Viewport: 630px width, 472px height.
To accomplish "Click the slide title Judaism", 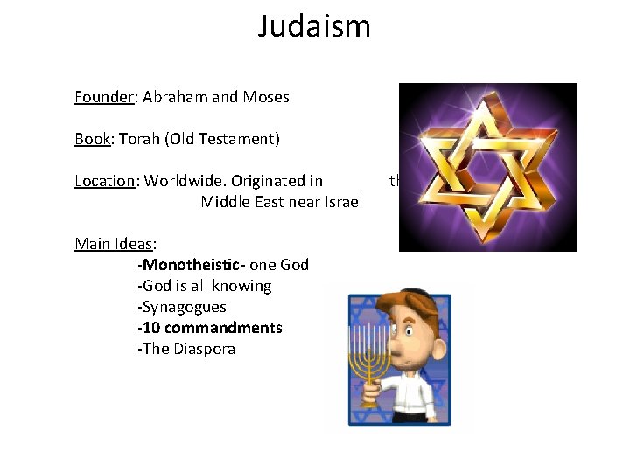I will (314, 26).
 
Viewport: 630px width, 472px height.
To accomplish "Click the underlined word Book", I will (92, 139).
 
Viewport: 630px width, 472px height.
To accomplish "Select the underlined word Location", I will (104, 181).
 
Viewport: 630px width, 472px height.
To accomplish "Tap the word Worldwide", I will (181, 181).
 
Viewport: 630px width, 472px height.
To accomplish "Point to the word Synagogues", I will (184, 307).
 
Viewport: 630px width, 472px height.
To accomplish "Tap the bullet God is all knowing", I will (206, 286).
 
